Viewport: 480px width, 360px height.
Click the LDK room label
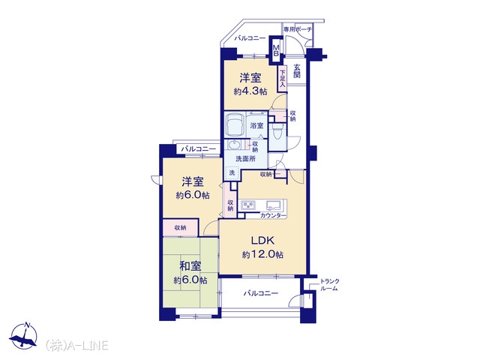click(x=262, y=241)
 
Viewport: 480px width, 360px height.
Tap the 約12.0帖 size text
click(x=262, y=255)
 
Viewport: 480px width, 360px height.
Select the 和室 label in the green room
click(x=190, y=266)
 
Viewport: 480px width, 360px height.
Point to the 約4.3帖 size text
click(x=250, y=91)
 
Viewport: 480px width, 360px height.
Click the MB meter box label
click(x=276, y=50)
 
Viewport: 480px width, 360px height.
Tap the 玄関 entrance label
click(x=297, y=70)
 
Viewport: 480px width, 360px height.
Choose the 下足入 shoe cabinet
click(x=282, y=79)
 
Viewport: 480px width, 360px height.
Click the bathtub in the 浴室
click(x=235, y=125)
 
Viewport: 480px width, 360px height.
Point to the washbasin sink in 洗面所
click(x=234, y=145)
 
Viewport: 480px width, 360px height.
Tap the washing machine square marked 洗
click(x=232, y=172)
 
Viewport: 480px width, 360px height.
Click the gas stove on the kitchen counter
click(x=248, y=205)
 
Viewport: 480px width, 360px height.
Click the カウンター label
click(x=273, y=215)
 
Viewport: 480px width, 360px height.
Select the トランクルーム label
click(x=329, y=285)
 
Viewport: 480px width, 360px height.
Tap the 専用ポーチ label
click(x=298, y=29)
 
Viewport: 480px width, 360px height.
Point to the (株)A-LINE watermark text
click(x=76, y=345)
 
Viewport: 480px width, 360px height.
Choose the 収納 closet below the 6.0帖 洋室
click(x=180, y=228)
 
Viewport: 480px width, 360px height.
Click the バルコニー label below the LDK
click(x=261, y=293)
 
